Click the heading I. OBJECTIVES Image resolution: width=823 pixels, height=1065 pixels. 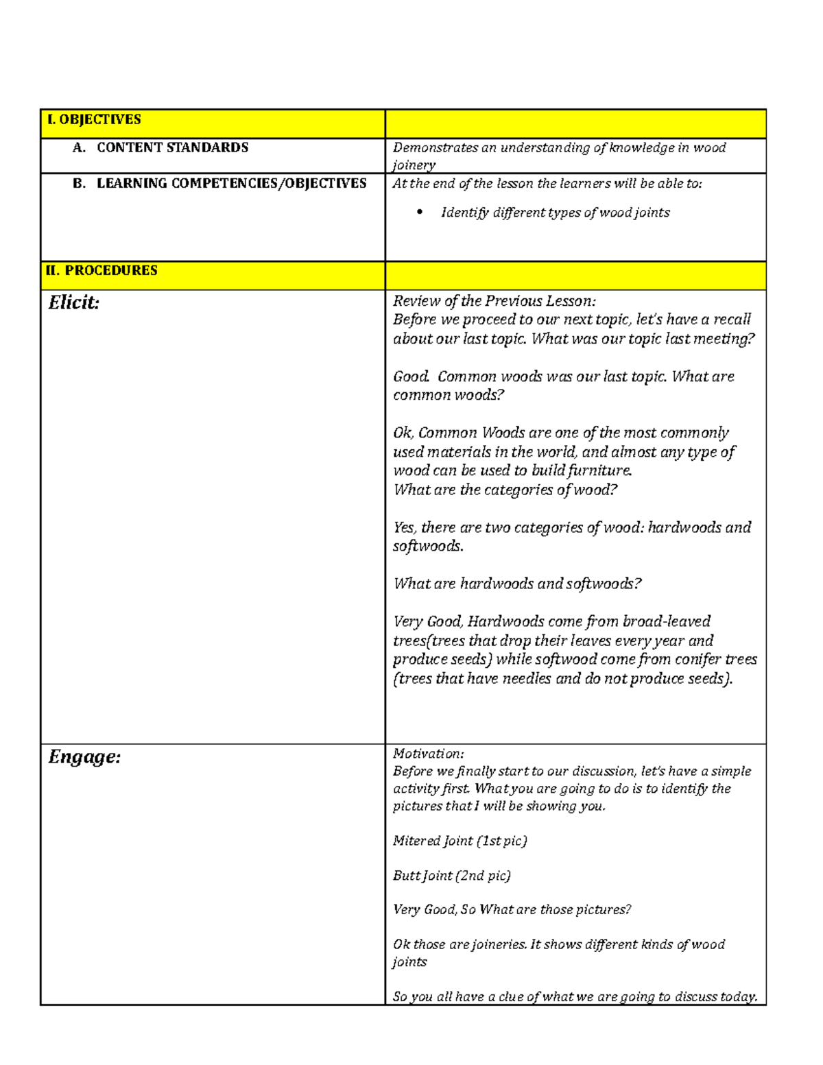[x=93, y=120]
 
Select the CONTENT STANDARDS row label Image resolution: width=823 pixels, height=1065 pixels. [x=172, y=147]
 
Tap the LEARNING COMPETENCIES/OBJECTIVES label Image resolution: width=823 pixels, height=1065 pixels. [x=231, y=183]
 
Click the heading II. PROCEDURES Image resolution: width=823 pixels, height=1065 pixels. [x=102, y=270]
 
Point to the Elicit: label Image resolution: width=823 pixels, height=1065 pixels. [x=74, y=302]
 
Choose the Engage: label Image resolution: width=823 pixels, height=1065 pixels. [x=84, y=757]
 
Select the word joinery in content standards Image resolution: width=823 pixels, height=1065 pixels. [x=414, y=165]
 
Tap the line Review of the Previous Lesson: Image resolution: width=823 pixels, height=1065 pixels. [x=494, y=301]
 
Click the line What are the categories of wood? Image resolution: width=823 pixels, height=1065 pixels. [x=505, y=490]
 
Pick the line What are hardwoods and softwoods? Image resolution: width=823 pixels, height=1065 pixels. [x=516, y=584]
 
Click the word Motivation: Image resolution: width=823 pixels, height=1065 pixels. [x=428, y=754]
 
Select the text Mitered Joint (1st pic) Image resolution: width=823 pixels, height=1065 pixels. [x=460, y=841]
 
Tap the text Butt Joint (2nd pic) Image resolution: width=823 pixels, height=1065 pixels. [x=451, y=876]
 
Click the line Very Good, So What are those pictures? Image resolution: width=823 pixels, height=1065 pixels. [x=512, y=910]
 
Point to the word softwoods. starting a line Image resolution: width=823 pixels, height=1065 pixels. [x=428, y=547]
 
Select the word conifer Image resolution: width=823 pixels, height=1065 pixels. [x=698, y=659]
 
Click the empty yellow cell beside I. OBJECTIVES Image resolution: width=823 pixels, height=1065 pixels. [x=575, y=124]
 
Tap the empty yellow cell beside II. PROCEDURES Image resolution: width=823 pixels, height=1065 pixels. [x=575, y=275]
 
